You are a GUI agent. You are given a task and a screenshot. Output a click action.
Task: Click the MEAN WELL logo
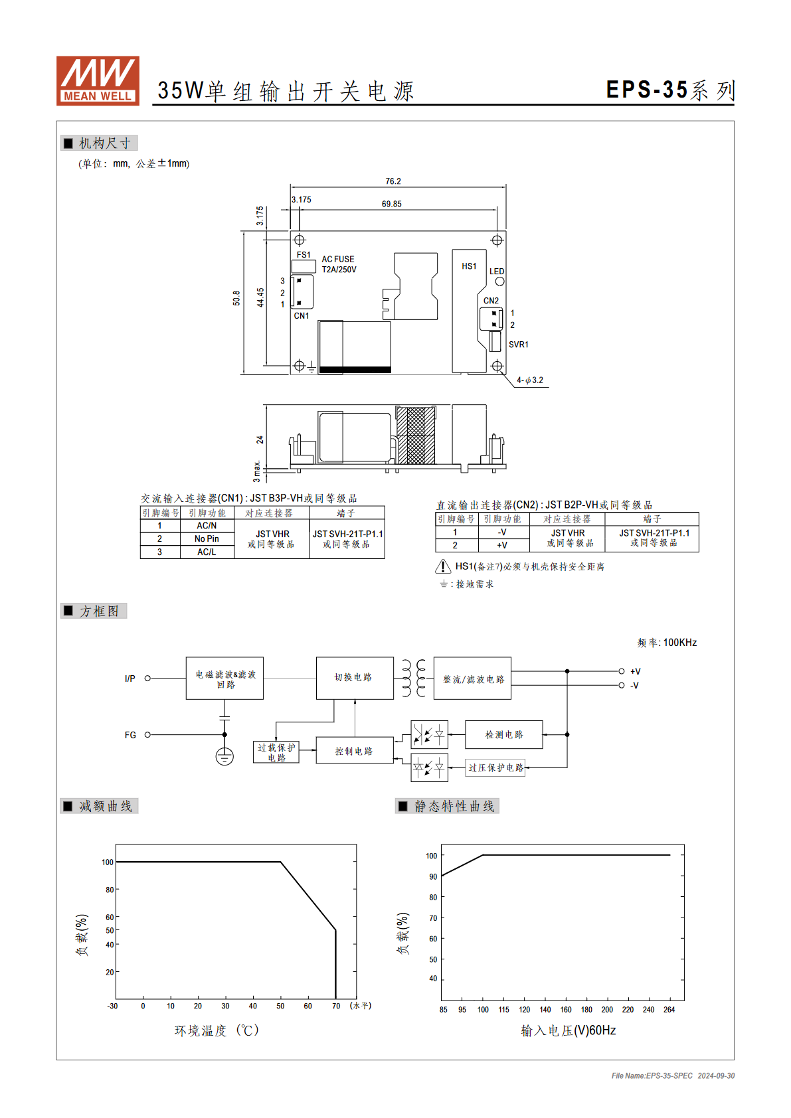[98, 80]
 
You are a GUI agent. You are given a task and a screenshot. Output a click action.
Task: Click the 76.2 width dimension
[393, 181]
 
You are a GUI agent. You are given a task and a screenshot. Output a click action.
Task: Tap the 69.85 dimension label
[391, 204]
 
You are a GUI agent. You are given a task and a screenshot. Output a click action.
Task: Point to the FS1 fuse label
[304, 254]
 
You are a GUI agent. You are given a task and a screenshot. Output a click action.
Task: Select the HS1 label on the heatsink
[469, 266]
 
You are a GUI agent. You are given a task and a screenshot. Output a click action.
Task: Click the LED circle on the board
[499, 281]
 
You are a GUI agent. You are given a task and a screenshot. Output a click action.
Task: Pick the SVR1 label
[518, 345]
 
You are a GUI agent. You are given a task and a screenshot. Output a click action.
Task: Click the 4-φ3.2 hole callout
[530, 380]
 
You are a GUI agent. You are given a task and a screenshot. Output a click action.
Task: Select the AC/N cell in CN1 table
[207, 526]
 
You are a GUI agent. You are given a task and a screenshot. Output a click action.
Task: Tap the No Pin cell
[207, 538]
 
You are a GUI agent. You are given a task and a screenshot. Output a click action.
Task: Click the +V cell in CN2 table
[502, 546]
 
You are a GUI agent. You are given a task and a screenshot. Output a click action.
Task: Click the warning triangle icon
[443, 566]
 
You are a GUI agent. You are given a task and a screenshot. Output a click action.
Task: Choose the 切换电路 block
[355, 678]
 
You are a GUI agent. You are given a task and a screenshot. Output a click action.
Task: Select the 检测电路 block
[504, 734]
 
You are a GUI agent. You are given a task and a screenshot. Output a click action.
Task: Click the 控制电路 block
[355, 750]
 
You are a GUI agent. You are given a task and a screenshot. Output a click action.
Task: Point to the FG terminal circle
[147, 735]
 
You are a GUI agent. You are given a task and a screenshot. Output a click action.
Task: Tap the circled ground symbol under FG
[224, 757]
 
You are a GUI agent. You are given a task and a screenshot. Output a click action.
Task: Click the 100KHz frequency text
[679, 643]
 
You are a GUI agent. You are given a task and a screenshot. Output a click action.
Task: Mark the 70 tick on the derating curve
[336, 1006]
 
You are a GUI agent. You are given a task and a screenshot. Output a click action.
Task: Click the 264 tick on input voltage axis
[669, 1010]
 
